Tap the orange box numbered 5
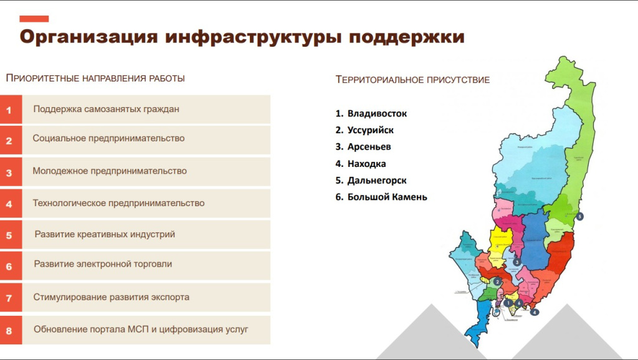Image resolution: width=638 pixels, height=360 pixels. click(10, 235)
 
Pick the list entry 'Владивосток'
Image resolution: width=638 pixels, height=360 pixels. click(377, 113)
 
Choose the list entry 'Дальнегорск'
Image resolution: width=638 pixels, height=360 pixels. click(377, 180)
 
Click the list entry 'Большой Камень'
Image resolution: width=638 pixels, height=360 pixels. click(387, 197)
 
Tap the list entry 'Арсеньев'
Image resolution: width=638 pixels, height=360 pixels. click(369, 147)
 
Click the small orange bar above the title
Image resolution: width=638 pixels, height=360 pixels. click(34, 19)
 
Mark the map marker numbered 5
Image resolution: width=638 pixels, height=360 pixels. click(579, 217)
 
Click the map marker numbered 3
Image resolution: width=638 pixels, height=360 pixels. click(517, 262)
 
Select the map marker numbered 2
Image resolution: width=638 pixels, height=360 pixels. click(497, 282)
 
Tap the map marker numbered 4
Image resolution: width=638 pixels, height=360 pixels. click(535, 312)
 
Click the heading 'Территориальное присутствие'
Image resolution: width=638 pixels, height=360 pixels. click(412, 80)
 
